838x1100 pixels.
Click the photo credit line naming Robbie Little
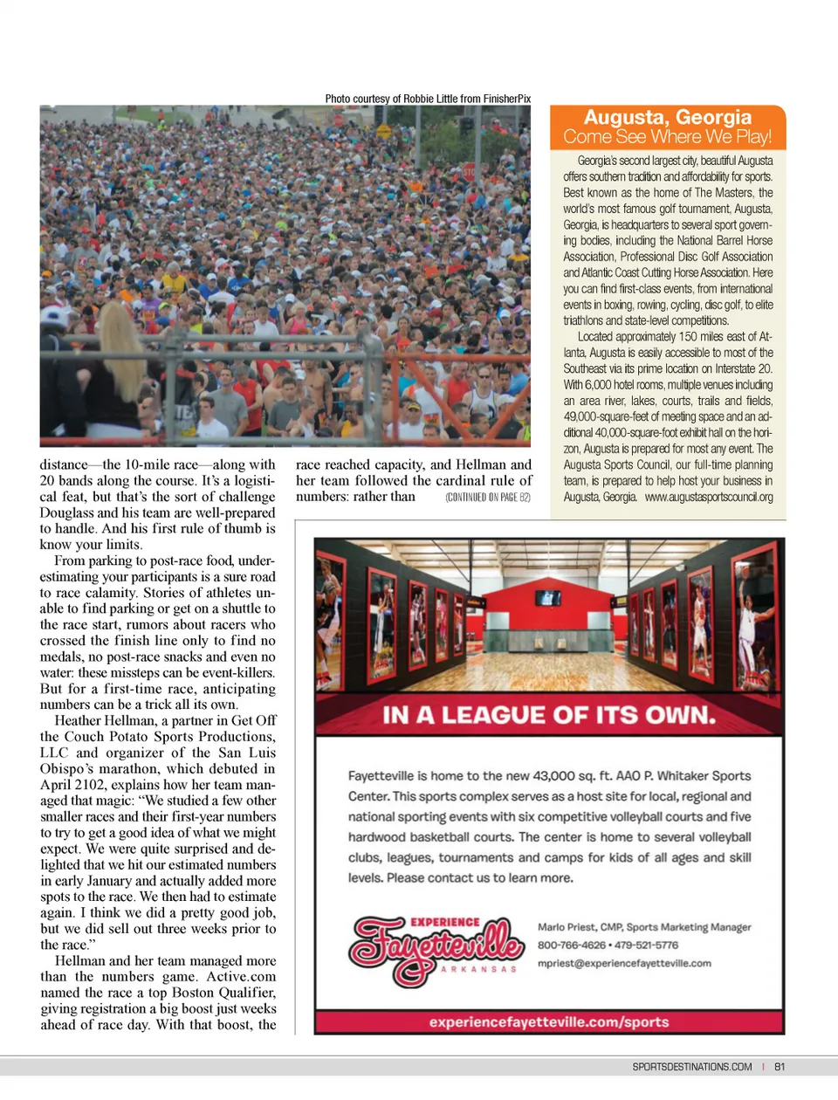[428, 99]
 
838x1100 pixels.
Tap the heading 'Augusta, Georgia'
[668, 117]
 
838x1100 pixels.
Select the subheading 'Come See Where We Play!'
[668, 137]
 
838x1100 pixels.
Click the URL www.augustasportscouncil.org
[709, 497]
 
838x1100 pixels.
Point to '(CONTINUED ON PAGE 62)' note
[487, 498]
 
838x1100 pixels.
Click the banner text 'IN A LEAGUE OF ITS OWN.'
[549, 716]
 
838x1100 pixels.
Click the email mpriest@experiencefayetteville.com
[624, 964]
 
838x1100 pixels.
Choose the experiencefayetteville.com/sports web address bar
[549, 1021]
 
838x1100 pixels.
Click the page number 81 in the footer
[780, 1067]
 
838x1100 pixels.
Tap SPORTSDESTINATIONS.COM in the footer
[692, 1067]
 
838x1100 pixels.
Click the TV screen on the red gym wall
[548, 598]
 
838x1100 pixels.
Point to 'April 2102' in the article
[69, 785]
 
